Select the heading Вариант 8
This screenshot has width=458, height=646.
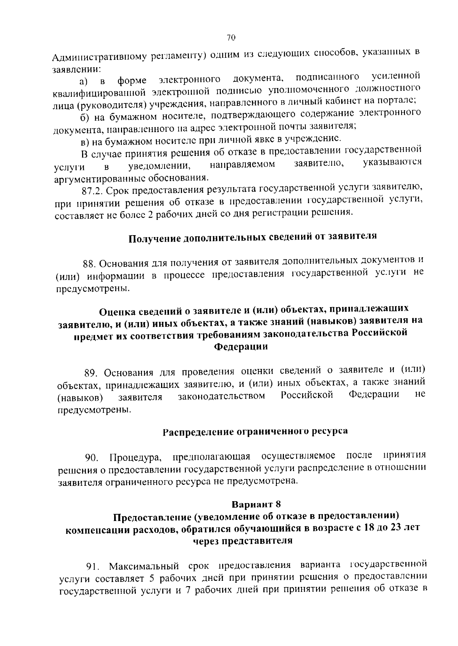[x=256, y=504]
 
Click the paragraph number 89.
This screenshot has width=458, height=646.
[x=92, y=372]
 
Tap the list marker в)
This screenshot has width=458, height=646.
[x=85, y=142]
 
